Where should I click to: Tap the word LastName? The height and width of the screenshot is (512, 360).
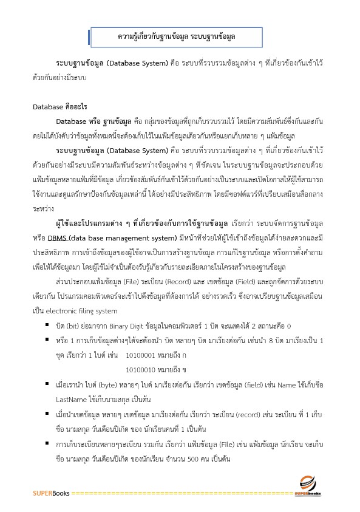72,398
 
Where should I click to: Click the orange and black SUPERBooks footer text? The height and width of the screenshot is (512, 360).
51,493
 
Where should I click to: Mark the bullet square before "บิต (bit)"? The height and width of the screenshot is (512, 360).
47,325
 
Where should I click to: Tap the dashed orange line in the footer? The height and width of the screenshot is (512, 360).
182,493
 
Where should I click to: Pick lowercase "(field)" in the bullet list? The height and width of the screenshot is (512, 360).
239,384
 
